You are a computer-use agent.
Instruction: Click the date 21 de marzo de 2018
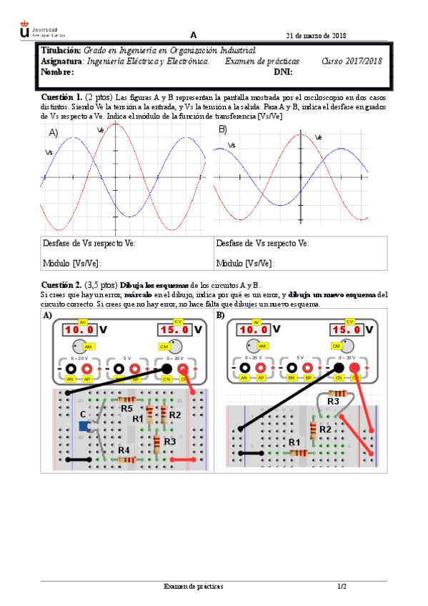(x=316, y=36)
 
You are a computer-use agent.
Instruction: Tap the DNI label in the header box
(x=283, y=71)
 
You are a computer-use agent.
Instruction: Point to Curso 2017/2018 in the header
(x=352, y=61)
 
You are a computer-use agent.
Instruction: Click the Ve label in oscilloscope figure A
(x=100, y=129)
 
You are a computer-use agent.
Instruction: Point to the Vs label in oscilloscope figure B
(x=232, y=146)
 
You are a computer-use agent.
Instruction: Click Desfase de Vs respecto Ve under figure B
(x=262, y=243)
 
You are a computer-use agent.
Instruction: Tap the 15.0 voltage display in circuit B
(x=347, y=330)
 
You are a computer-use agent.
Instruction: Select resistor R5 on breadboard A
(x=127, y=400)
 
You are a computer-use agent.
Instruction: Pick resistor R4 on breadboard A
(x=126, y=459)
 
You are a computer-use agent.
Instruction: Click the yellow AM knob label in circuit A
(x=89, y=347)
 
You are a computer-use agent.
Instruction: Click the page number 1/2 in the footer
(x=342, y=587)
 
